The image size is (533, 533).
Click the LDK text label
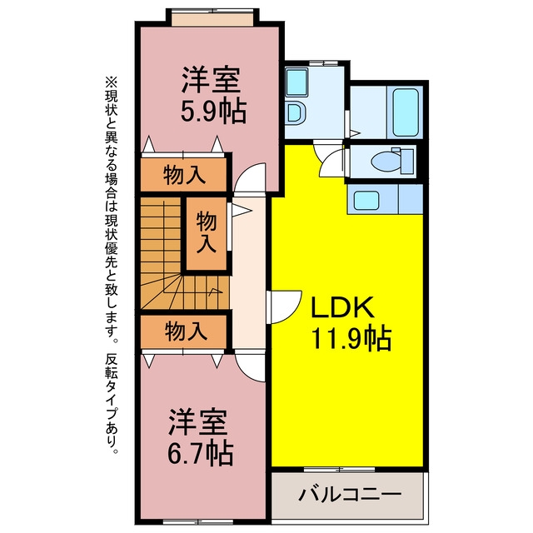pos(342,307)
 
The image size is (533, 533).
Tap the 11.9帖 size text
pos(351,338)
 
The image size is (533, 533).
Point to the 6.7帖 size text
pos(201,453)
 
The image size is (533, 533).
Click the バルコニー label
pos(350,494)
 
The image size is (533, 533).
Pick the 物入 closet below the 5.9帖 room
pos(183,175)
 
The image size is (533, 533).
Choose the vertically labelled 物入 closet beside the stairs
pos(207,234)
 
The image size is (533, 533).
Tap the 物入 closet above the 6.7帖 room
pos(183,331)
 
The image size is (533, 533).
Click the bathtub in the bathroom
pos(406,112)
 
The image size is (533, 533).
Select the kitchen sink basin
pos(366,200)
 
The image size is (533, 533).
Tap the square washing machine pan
pos(297,82)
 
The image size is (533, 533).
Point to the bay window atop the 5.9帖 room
pos(212,17)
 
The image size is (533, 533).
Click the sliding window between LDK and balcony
pos(339,470)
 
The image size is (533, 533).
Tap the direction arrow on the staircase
pos(215,291)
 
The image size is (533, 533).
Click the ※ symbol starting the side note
pos(112,82)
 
